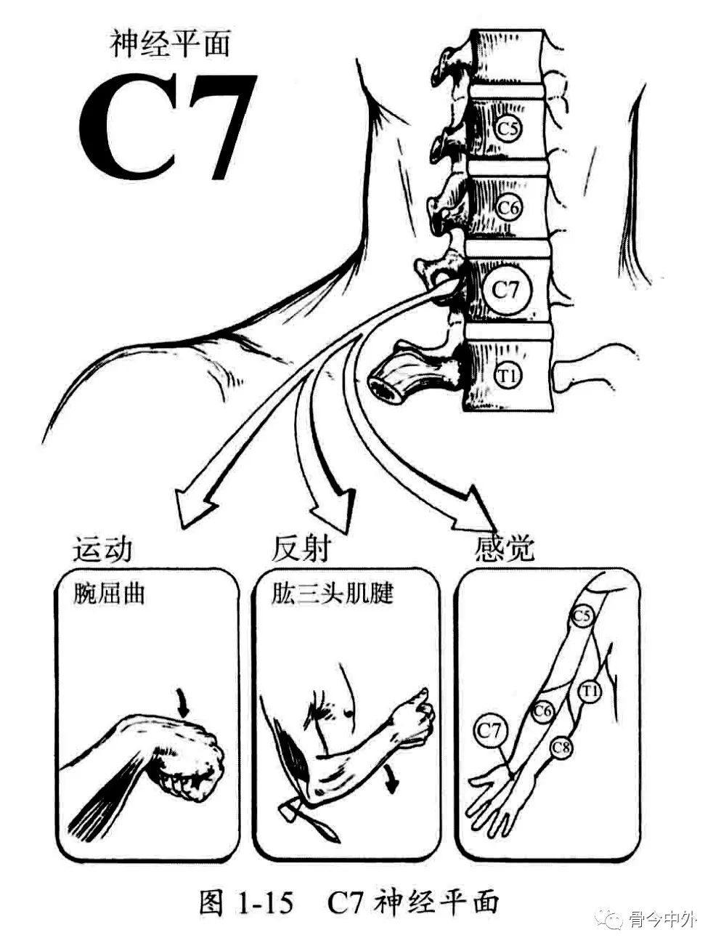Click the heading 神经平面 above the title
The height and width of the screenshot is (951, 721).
(x=171, y=44)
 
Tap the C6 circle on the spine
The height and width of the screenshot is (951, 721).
(x=509, y=208)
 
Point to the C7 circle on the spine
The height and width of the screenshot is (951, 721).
(x=506, y=289)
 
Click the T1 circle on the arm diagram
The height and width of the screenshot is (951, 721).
(x=588, y=691)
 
